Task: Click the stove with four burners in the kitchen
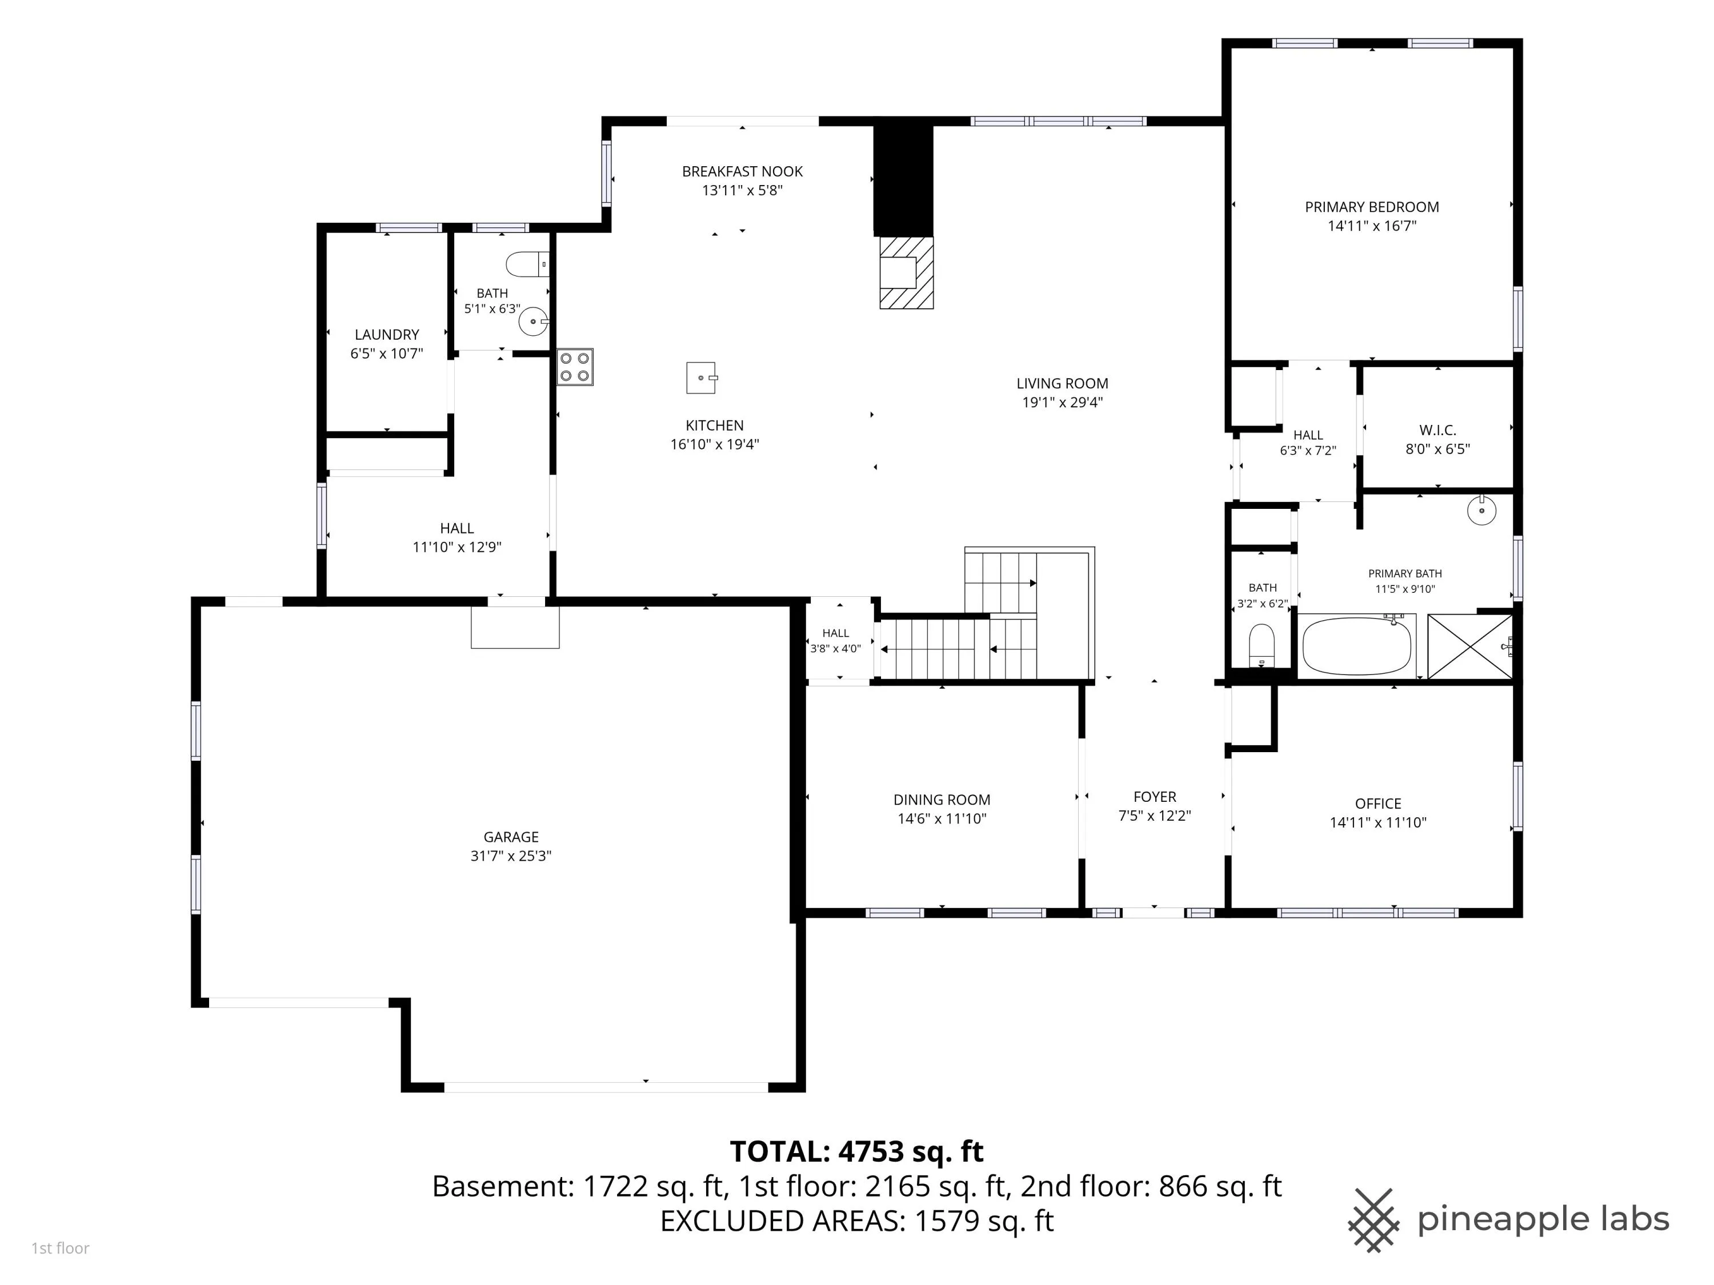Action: tap(575, 367)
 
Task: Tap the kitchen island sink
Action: tap(701, 378)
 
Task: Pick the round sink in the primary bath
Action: tap(1481, 511)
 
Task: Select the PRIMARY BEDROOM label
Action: tap(1372, 207)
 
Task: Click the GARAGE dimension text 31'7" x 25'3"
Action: tap(511, 856)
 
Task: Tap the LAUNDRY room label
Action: tap(387, 335)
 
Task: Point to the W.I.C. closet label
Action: tap(1437, 430)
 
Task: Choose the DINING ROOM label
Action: tap(942, 800)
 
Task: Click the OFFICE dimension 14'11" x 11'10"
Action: tap(1377, 822)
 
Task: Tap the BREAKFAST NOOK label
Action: tap(742, 171)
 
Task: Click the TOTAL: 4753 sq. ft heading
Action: tap(856, 1152)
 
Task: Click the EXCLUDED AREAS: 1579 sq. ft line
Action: tap(856, 1220)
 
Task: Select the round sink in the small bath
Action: tap(533, 320)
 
